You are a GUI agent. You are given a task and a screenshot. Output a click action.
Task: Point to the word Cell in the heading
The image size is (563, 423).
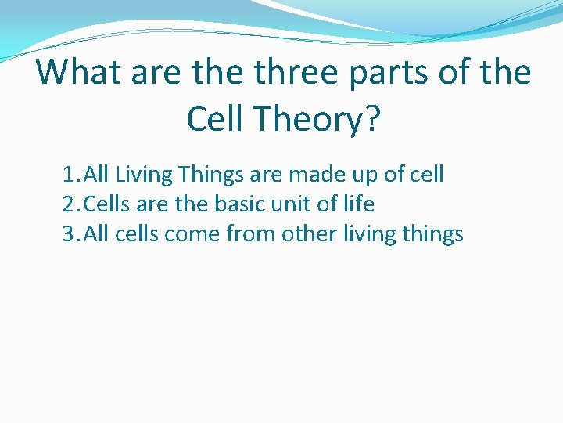coord(217,119)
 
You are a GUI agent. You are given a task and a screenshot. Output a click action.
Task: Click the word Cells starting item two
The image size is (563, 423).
coord(108,204)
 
